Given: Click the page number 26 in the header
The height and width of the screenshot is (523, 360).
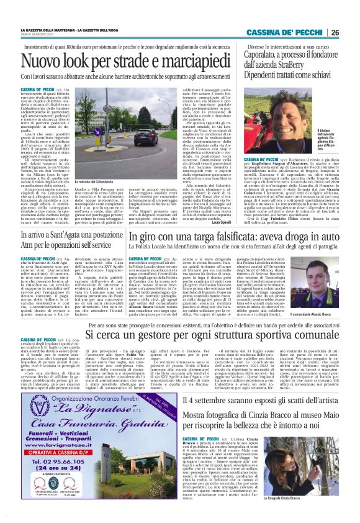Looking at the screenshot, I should pos(351,33).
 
